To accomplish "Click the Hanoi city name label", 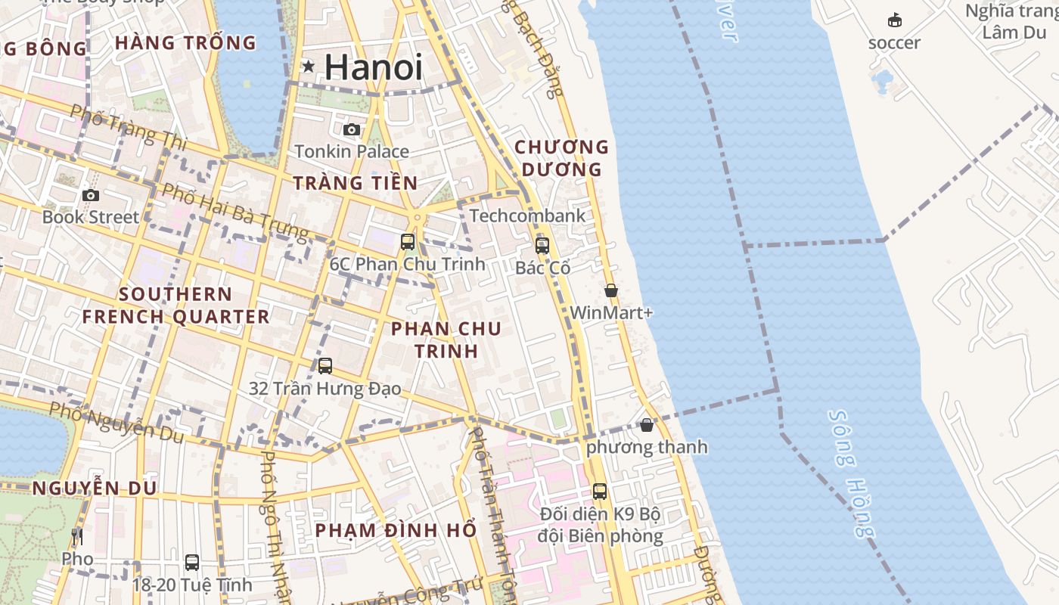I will [373, 67].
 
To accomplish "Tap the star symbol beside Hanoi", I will [308, 67].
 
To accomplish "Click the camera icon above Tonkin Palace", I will [351, 129].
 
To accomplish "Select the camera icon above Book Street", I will [91, 195].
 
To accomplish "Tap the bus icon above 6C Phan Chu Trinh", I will [408, 242].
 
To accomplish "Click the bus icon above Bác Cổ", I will [542, 245].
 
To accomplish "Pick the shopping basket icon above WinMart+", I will [611, 290].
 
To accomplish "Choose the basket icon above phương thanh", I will [647, 425].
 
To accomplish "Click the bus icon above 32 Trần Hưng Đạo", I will [325, 366].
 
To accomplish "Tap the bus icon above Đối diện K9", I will [600, 492].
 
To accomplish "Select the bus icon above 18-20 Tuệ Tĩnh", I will [192, 563].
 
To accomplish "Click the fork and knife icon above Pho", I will [77, 538].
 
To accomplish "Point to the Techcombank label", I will [527, 216].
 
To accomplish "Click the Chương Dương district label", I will [561, 157].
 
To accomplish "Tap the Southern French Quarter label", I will [175, 305].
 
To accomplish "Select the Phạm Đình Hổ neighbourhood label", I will [396, 530].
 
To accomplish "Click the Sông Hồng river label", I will [852, 473].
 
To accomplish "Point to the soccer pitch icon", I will [895, 20].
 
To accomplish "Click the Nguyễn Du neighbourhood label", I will [95, 489].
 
